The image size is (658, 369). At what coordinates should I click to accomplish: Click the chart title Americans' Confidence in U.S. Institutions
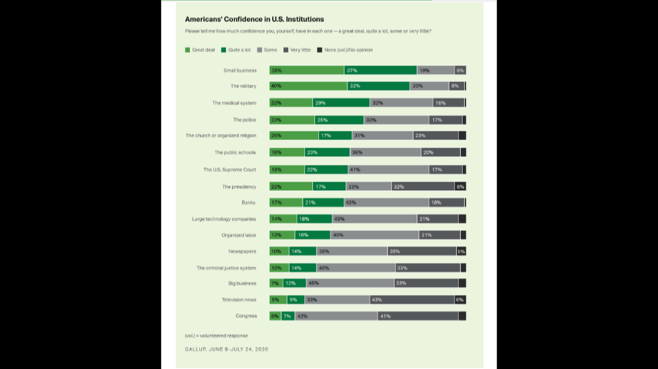click(x=254, y=19)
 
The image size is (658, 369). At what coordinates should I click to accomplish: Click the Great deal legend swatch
click(x=188, y=50)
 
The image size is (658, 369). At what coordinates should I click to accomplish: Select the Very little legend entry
click(x=300, y=50)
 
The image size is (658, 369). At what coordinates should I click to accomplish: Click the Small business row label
click(x=240, y=70)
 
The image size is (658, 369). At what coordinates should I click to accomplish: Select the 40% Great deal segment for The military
click(x=308, y=86)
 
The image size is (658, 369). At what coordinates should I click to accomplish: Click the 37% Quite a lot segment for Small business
click(x=380, y=70)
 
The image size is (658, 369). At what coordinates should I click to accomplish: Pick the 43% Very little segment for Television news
click(x=412, y=300)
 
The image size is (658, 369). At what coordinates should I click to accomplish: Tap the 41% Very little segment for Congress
click(x=418, y=316)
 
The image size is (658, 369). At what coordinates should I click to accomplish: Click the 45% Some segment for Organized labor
click(x=374, y=235)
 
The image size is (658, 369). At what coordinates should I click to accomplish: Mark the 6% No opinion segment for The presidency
click(x=460, y=186)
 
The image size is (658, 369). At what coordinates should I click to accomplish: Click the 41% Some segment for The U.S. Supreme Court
click(x=388, y=170)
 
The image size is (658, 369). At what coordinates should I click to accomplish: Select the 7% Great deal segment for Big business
click(x=276, y=283)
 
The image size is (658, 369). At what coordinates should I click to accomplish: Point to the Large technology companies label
click(x=224, y=219)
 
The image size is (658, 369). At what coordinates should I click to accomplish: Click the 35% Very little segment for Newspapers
click(x=421, y=251)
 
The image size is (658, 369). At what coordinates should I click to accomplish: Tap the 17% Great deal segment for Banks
click(x=286, y=202)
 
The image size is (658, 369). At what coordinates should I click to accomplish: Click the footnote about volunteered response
click(x=216, y=336)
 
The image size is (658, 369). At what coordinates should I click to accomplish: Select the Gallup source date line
click(x=226, y=349)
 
